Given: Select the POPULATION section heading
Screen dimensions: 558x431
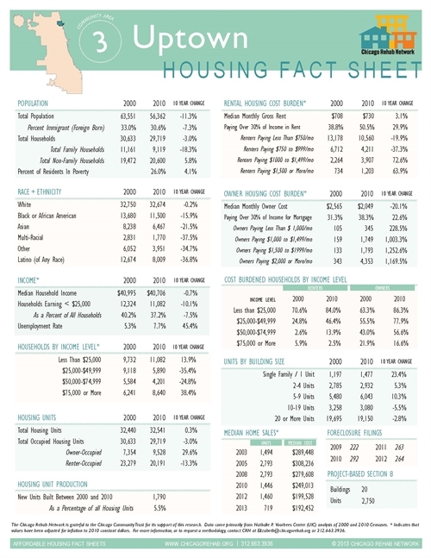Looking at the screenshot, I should [x=37, y=102].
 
